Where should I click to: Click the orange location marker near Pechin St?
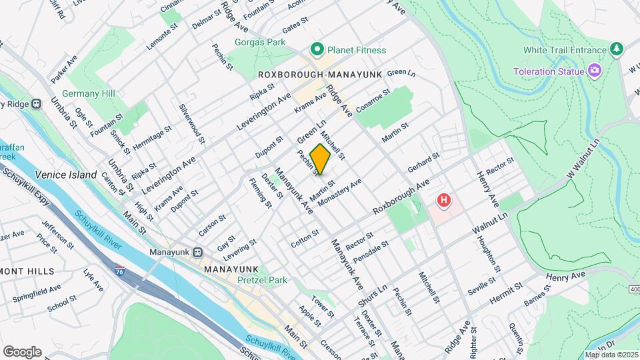coord(320,159)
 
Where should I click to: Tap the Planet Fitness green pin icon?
coord(317,49)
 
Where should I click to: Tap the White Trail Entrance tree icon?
coord(617,49)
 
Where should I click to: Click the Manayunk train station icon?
coord(198,253)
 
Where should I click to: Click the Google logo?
coord(22,352)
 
